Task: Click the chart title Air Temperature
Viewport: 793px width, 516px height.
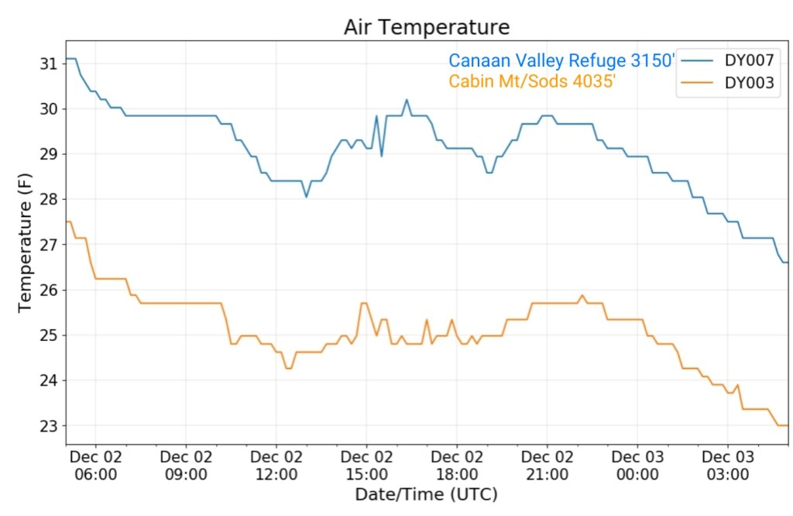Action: pos(427,27)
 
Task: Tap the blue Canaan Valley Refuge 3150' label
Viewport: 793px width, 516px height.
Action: pos(562,60)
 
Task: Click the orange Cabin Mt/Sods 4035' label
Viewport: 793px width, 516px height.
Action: pos(532,81)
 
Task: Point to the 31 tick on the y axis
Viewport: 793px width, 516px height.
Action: pos(48,63)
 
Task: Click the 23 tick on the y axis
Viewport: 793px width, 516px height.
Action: pos(48,426)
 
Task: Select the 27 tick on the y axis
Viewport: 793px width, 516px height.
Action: pos(48,245)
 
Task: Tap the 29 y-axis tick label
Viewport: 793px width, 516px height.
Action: pos(48,154)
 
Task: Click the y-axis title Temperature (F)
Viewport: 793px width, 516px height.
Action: pos(26,243)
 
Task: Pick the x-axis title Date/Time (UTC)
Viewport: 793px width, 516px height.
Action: pos(426,494)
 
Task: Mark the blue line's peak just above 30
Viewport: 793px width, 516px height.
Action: pos(407,100)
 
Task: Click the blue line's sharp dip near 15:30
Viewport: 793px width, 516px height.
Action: pos(381,156)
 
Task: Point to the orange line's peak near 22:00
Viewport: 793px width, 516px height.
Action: pos(582,295)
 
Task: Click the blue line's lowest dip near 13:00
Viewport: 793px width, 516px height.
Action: pos(306,197)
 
